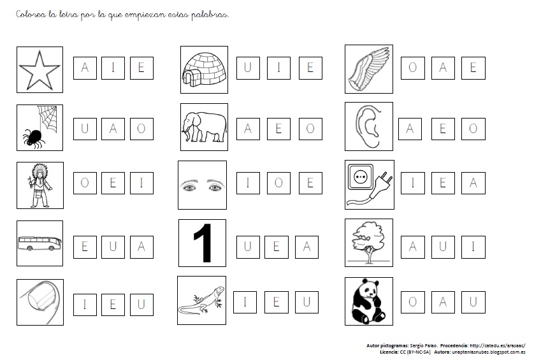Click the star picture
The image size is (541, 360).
[x=40, y=70]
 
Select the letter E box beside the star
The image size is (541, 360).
[x=141, y=68]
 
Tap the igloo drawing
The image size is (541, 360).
[x=205, y=69]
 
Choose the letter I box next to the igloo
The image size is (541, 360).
[x=278, y=68]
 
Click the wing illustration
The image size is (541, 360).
[x=368, y=69]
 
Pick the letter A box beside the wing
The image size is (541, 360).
[x=443, y=68]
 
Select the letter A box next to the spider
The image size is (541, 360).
[x=113, y=129]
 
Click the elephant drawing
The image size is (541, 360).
[x=205, y=127]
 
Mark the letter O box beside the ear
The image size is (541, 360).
[x=473, y=129]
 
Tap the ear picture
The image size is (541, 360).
[x=368, y=126]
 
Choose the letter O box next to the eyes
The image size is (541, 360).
[x=278, y=183]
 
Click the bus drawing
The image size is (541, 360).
[x=40, y=243]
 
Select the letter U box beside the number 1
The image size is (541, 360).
[x=248, y=247]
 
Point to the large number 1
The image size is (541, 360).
[x=203, y=243]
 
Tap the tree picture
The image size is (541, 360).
[x=368, y=242]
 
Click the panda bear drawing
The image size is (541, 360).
[x=368, y=301]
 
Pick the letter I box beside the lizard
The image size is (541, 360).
[x=245, y=302]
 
